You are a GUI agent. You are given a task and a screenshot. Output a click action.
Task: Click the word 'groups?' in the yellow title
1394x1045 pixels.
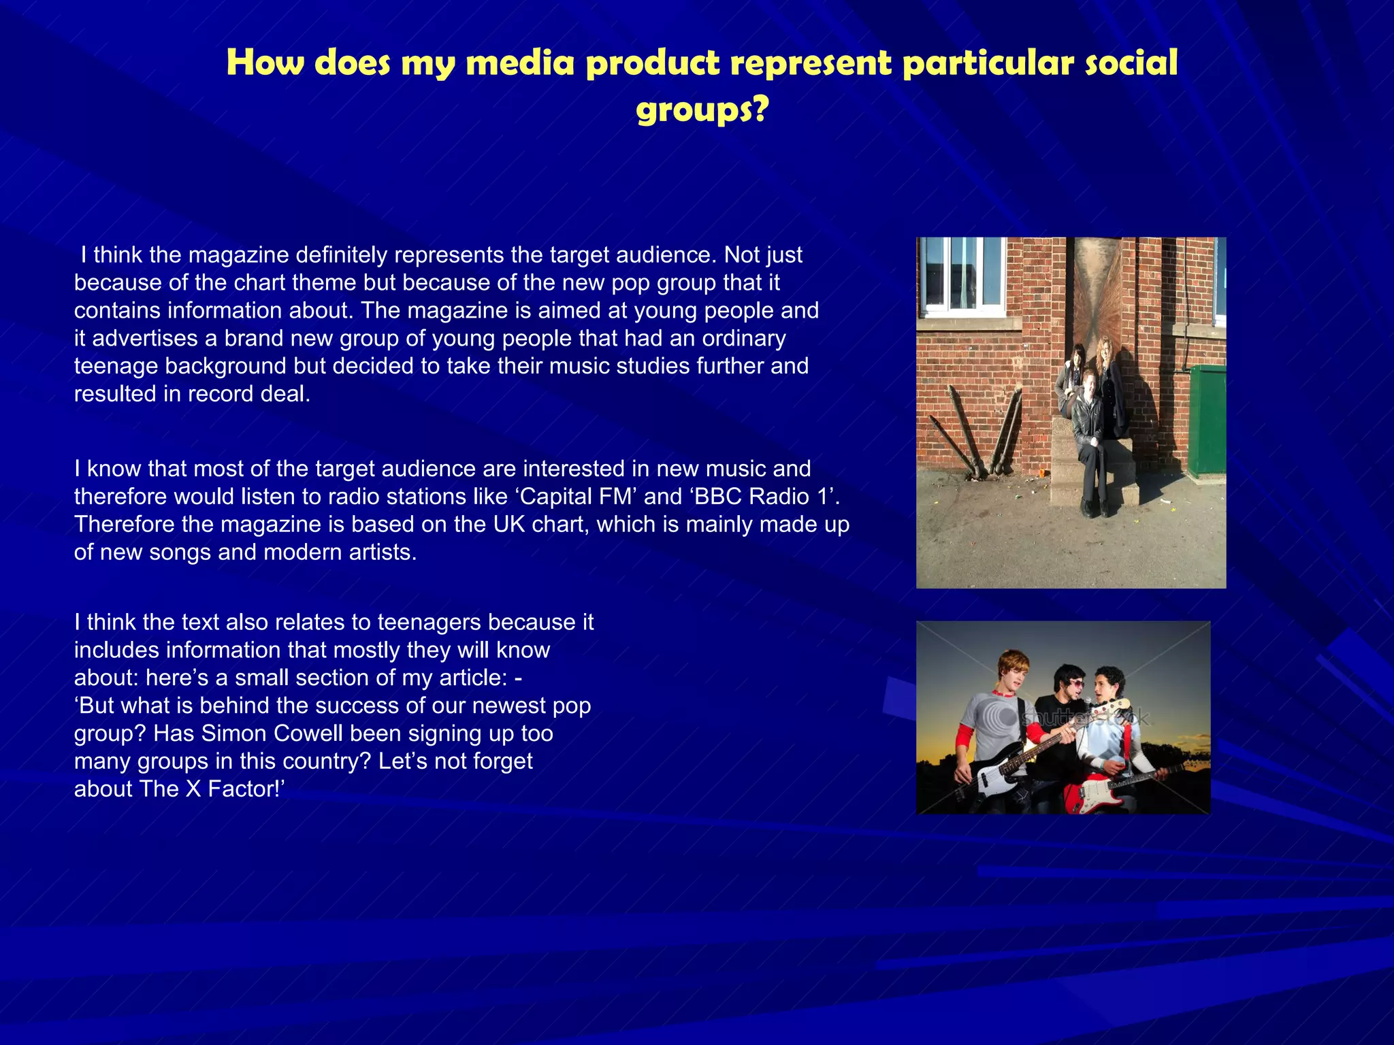click(702, 109)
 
